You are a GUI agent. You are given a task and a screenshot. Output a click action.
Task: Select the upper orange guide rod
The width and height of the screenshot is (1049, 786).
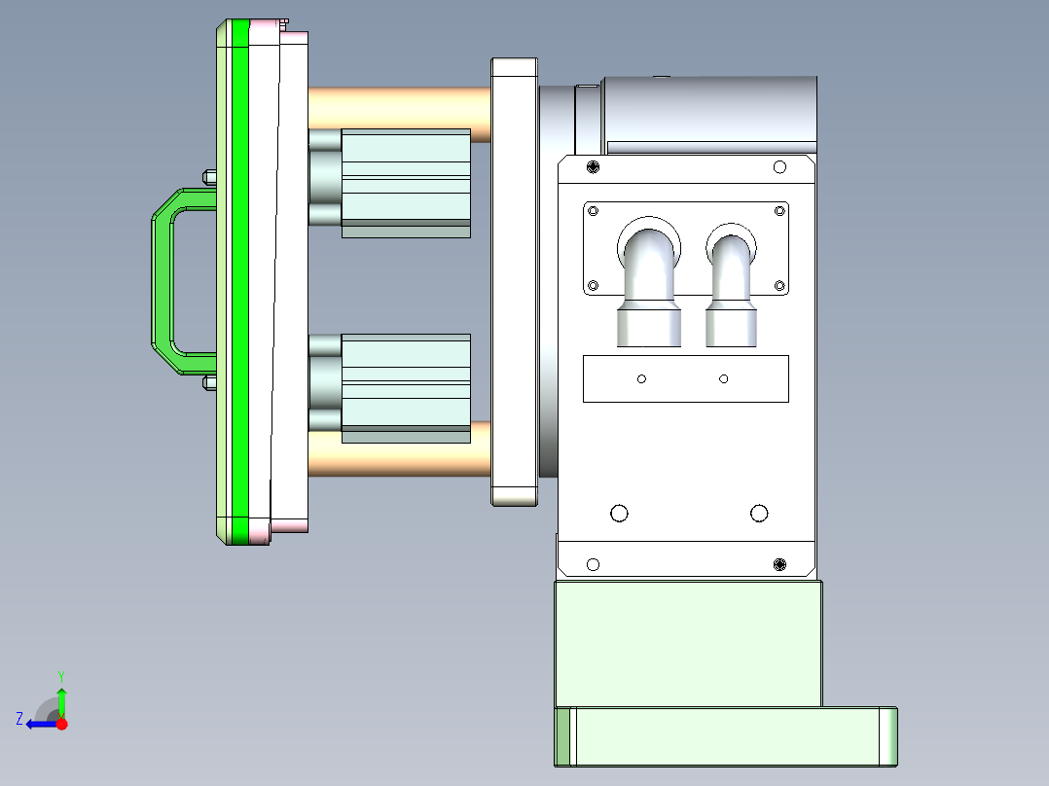(x=399, y=101)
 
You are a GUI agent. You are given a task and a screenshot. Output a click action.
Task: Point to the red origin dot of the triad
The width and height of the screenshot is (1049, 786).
(x=61, y=724)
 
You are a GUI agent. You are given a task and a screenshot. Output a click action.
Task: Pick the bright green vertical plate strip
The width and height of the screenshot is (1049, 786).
(x=240, y=282)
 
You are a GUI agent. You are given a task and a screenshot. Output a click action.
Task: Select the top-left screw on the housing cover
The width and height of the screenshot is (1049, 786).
(x=594, y=167)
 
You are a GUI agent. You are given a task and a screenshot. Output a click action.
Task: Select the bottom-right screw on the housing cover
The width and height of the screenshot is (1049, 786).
(x=778, y=564)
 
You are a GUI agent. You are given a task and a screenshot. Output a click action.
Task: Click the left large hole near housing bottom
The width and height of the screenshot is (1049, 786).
(x=618, y=513)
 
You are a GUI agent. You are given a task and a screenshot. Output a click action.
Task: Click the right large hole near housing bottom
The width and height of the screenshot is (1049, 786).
(x=759, y=513)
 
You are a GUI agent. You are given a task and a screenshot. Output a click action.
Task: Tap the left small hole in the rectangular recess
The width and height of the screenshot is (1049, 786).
(x=641, y=378)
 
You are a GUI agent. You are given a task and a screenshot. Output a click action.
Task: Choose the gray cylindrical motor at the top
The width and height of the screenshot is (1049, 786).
(x=710, y=112)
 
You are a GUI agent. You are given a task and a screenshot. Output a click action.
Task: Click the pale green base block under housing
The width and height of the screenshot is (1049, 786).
(x=687, y=642)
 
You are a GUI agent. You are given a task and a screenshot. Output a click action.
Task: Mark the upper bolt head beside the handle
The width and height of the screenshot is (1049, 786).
(x=208, y=176)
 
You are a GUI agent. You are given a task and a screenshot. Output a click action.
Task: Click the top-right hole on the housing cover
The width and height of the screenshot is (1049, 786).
(x=778, y=167)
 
